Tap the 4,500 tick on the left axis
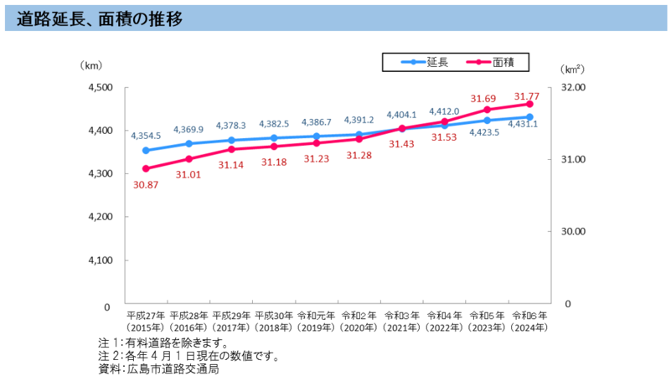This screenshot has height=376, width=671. point(100,87)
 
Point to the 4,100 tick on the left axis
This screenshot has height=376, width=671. point(100,260)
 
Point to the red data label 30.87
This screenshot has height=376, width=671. point(146,184)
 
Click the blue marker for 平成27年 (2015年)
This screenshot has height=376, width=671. point(146,151)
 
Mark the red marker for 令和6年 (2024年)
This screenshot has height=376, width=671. point(529,103)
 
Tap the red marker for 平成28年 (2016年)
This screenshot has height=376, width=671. point(189,159)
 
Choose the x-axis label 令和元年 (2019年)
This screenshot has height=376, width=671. point(317,322)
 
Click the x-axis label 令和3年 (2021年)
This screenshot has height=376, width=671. point(402,322)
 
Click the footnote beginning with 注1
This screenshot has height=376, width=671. point(163,343)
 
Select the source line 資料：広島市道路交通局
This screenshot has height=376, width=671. point(158,368)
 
